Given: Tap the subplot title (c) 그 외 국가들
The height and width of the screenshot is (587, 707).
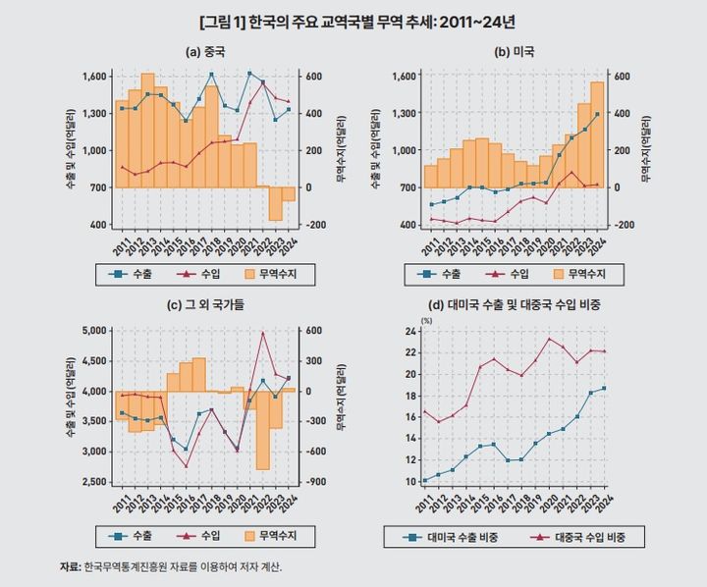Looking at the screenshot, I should (x=205, y=305).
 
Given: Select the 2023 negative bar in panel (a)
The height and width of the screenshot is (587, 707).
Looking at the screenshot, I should (x=275, y=203).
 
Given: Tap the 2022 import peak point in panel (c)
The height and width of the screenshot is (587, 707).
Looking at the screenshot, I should (x=262, y=333).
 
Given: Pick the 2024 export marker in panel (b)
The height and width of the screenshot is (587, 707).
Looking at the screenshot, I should (x=597, y=115).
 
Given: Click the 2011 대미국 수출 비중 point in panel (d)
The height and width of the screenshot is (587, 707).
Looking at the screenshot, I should (x=424, y=481).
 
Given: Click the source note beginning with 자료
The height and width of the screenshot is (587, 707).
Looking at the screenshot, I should (x=177, y=566).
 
